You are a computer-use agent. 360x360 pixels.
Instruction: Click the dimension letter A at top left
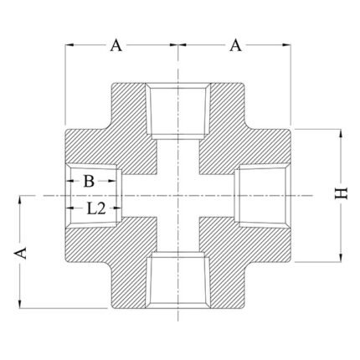tap(116, 45)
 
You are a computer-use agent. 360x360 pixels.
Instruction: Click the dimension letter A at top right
tap(237, 45)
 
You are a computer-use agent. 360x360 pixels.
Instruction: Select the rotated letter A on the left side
tap(25, 252)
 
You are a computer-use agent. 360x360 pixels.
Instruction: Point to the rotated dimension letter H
tap(339, 194)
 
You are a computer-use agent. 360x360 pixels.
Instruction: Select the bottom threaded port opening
tap(178, 285)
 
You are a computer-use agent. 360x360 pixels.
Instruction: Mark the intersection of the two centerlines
tap(178, 195)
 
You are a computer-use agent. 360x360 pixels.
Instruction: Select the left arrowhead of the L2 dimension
tap(69, 194)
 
